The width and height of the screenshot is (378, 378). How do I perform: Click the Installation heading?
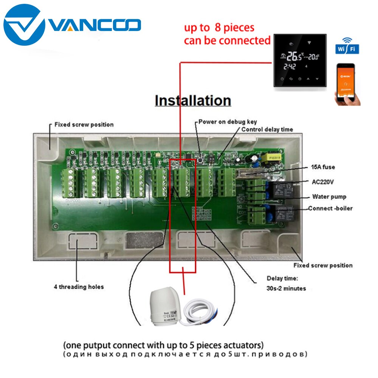point(193,101)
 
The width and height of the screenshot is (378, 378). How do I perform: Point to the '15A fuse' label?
point(323,167)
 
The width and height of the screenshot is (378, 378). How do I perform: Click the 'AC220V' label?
point(323,182)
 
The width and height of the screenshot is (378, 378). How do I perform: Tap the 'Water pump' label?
point(329,197)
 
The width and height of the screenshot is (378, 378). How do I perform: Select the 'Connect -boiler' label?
point(330,208)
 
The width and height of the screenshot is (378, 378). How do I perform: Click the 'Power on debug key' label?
point(228,122)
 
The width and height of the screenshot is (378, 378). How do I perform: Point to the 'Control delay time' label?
point(267,129)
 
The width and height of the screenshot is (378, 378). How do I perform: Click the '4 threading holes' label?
point(79,287)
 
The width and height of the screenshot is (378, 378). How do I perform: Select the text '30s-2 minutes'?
point(286,288)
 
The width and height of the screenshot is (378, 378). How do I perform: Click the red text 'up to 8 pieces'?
point(219,28)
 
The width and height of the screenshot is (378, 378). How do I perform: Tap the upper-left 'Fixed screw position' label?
point(84,124)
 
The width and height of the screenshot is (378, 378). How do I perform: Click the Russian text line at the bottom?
point(185,355)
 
